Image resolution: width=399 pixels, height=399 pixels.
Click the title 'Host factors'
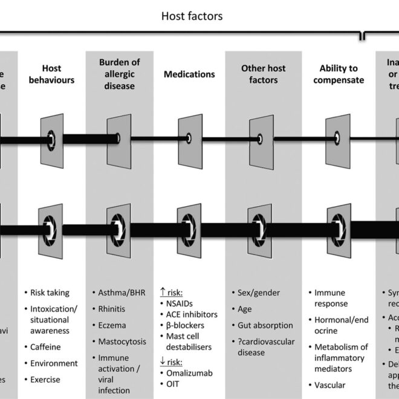pos(192,16)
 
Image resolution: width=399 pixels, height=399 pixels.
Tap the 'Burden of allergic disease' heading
pos(120,74)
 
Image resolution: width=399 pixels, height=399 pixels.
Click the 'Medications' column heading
pos(189,74)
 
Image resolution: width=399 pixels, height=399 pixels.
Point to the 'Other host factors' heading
pos(262,74)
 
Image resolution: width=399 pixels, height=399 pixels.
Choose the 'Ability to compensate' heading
pos(339,74)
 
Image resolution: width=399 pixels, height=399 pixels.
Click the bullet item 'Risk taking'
pos(50,293)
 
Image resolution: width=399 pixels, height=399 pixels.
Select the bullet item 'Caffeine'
pos(45,347)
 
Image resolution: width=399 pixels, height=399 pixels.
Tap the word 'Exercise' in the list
pos(46,380)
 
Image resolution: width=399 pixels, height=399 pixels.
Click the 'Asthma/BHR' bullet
pos(120,293)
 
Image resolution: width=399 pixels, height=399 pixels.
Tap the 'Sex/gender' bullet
pos(259,293)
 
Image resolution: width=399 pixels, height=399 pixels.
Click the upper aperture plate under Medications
pos(190,138)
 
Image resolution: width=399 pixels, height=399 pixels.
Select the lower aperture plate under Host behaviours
pos(52,229)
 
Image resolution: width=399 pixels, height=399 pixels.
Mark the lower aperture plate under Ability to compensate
pos(339,229)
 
